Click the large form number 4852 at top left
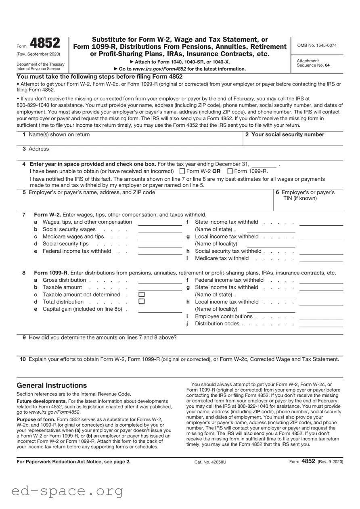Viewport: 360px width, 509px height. (x=45, y=43)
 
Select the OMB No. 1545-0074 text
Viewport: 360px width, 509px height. (x=317, y=46)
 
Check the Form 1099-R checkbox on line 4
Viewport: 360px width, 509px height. (x=230, y=171)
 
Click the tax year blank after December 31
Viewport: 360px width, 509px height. (x=264, y=164)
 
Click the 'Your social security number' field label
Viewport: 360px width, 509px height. (x=287, y=135)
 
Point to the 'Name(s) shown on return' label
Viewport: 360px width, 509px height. (x=59, y=135)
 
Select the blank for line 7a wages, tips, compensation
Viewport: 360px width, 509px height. (x=160, y=222)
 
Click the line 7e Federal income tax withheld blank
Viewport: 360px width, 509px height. (x=160, y=251)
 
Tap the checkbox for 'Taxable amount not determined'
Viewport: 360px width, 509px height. (x=141, y=295)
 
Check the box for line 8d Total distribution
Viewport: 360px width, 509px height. (x=141, y=302)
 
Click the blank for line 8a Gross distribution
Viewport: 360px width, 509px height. (x=160, y=281)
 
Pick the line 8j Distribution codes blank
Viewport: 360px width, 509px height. (x=321, y=324)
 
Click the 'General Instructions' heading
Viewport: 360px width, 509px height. (x=52, y=385)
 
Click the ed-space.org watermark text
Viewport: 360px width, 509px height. (x=67, y=491)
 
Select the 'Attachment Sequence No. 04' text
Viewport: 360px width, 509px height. (x=313, y=63)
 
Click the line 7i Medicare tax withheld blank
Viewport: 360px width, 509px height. (x=321, y=259)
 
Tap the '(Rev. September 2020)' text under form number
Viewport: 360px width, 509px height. (x=38, y=54)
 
